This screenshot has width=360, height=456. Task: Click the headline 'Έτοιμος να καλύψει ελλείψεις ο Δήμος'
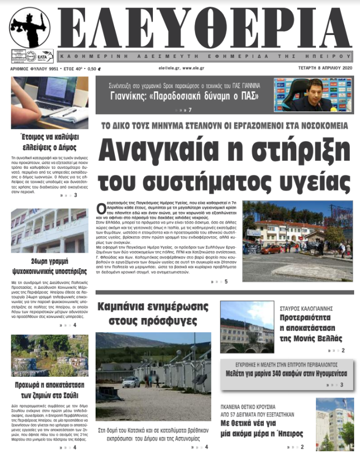50,143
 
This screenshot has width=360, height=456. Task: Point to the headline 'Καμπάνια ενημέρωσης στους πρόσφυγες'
153,313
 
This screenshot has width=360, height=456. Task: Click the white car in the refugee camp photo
131,382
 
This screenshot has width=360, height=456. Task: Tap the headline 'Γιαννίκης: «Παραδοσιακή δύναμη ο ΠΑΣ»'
184,96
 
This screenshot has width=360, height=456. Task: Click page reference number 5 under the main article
226,281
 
